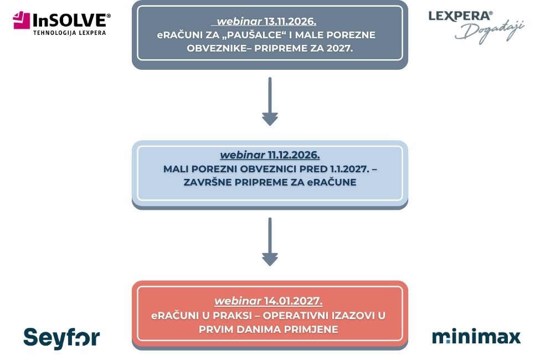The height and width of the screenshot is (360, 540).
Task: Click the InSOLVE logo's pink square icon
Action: pyautogui.click(x=22, y=20)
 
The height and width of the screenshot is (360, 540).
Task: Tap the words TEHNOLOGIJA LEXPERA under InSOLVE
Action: pyautogui.click(x=69, y=33)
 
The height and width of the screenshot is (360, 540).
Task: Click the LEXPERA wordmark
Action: pyautogui.click(x=460, y=16)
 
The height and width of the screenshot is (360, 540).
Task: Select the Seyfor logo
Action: pyautogui.click(x=61, y=338)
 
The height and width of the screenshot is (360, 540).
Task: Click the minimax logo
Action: pyautogui.click(x=476, y=337)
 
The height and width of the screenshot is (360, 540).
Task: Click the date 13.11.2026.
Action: pyautogui.click(x=290, y=22)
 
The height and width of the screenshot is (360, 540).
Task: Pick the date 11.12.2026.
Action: pyautogui.click(x=294, y=155)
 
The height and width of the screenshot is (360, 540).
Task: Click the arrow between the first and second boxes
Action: pyautogui.click(x=270, y=101)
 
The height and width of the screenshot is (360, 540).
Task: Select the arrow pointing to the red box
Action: pyautogui.click(x=270, y=242)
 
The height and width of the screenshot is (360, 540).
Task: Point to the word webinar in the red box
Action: pyautogui.click(x=238, y=301)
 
